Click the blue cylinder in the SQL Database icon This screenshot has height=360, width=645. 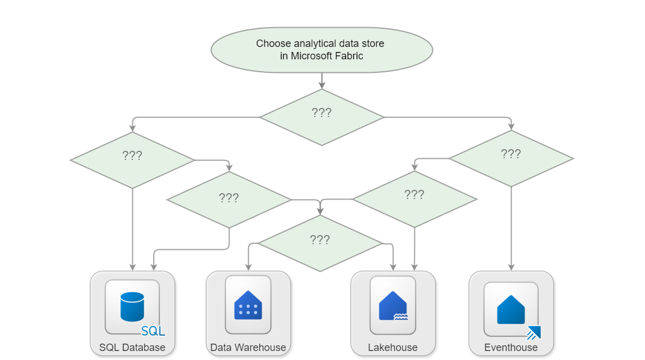point(132,306)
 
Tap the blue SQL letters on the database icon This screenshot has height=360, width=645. point(153,331)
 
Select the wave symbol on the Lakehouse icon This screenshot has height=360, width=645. point(401,317)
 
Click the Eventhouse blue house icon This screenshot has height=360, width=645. point(510,309)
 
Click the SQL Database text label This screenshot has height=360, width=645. point(132,347)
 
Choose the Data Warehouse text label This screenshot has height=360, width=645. point(248,347)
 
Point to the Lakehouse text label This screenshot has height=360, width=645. point(393,347)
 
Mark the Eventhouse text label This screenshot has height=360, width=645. point(511,347)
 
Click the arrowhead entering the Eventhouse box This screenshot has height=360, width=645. point(512,267)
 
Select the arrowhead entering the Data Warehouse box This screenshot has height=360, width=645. point(248,267)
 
